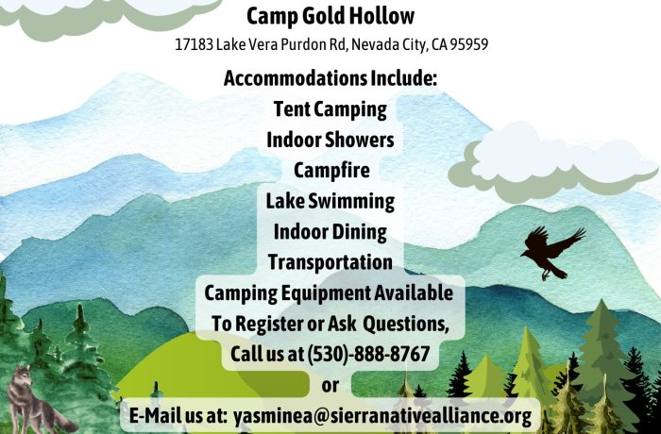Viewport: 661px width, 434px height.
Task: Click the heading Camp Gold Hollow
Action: (330, 16)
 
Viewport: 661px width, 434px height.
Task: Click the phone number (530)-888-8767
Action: (368, 354)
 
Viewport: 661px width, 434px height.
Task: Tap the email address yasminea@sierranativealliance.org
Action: (382, 416)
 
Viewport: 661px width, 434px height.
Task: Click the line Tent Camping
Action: (330, 109)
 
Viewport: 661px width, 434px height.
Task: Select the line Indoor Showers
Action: (330, 140)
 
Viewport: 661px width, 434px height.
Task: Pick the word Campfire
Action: (331, 170)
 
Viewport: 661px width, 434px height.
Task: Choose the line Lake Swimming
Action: (330, 201)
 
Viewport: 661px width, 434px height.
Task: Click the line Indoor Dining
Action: (330, 232)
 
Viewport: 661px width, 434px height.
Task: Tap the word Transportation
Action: (330, 262)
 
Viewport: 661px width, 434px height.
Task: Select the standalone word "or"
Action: (330, 386)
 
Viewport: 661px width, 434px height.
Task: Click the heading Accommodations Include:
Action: (330, 78)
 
